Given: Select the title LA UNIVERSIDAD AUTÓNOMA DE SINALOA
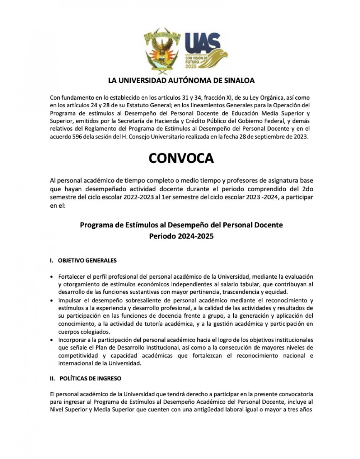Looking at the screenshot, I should pyautogui.click(x=181, y=81).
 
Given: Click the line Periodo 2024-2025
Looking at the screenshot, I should pyautogui.click(x=181, y=236).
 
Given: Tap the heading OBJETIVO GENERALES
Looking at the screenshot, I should pyautogui.click(x=87, y=260).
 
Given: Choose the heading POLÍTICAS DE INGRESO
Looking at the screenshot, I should pyautogui.click(x=90, y=378).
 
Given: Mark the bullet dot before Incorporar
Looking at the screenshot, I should pyautogui.click(x=52, y=340).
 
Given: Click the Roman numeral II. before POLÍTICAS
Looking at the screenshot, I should pyautogui.click(x=52, y=378).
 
